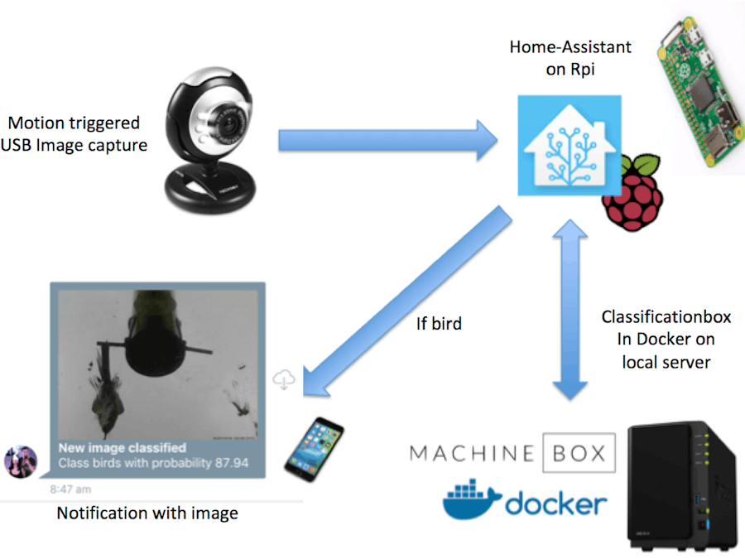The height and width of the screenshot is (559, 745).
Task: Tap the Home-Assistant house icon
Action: click(x=569, y=146)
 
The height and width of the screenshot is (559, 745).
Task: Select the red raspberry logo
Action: click(x=633, y=192)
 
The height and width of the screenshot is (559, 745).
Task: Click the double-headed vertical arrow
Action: click(x=570, y=306)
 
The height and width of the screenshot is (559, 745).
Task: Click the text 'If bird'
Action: click(x=439, y=324)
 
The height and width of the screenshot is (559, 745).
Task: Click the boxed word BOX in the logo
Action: click(x=579, y=453)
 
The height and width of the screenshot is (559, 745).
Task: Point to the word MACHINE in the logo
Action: click(x=472, y=453)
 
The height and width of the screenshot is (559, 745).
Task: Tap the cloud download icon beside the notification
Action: click(x=285, y=379)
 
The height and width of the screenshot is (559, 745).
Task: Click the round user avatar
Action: click(x=20, y=461)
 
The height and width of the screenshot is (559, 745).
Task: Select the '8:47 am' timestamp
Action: click(x=70, y=489)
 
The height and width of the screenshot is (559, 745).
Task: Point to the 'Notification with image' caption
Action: click(x=147, y=513)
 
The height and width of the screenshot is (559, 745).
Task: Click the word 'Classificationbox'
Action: click(x=666, y=317)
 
